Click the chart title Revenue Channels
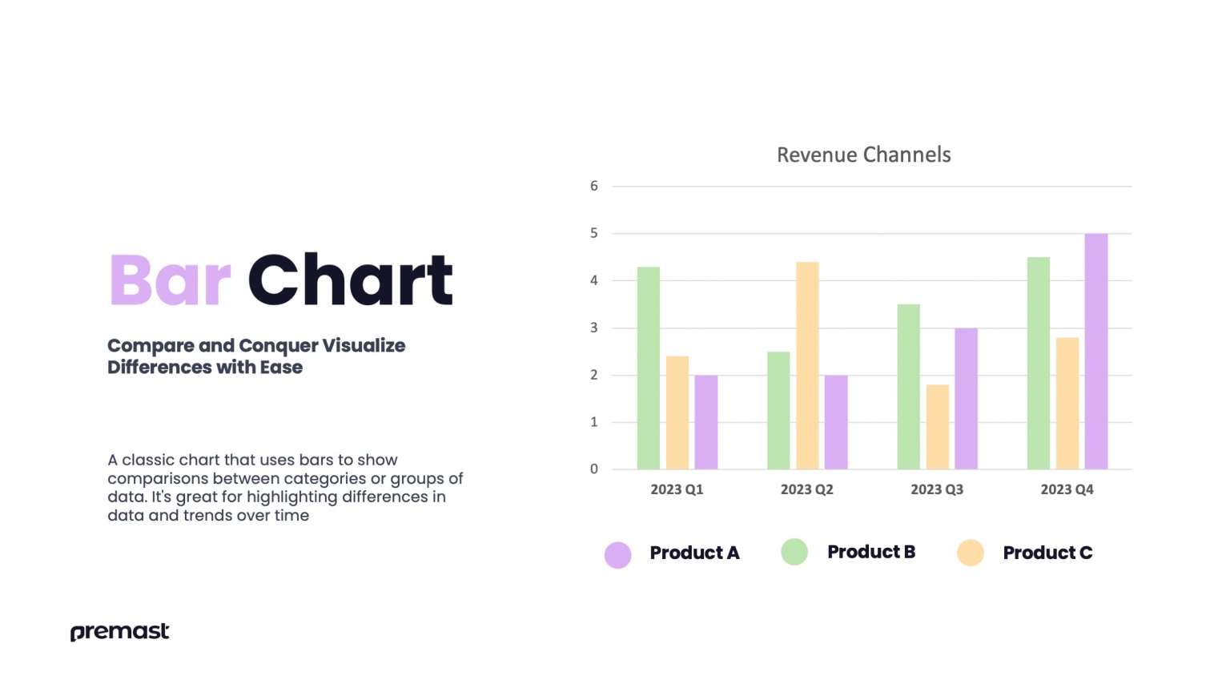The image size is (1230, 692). [x=863, y=155]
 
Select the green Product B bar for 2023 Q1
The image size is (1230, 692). [x=648, y=368]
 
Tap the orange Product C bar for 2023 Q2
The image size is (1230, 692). [x=807, y=366]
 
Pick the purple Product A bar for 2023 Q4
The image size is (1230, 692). [x=1095, y=352]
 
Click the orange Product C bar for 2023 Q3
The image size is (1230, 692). [x=937, y=427]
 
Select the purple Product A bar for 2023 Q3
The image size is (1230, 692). [x=966, y=399]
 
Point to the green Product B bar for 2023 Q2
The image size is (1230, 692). [x=778, y=411]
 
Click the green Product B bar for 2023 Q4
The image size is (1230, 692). [x=1038, y=364]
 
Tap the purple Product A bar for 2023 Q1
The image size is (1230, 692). [x=705, y=422]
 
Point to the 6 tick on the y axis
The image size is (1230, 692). [x=594, y=186]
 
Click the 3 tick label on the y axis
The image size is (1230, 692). [x=594, y=328]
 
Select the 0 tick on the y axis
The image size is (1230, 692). [x=594, y=469]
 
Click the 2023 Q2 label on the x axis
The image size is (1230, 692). [x=806, y=489]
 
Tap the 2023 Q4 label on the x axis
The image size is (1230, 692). [x=1067, y=489]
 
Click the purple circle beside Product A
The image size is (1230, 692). [x=617, y=554]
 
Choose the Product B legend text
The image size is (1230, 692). [x=870, y=552]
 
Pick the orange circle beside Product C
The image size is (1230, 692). [x=971, y=553]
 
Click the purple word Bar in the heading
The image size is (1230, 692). [x=170, y=280]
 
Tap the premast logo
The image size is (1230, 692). [x=120, y=632]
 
